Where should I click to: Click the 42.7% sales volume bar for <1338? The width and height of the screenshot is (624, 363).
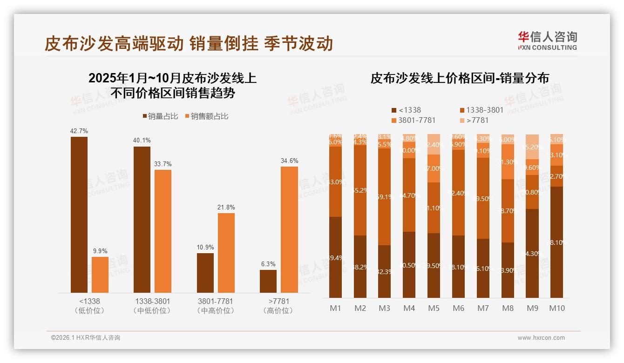tap(79, 215)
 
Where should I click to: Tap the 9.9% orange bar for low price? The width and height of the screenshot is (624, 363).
tap(100, 275)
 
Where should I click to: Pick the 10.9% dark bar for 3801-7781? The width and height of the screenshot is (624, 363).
tap(205, 273)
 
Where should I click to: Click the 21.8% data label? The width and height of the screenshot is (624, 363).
tap(226, 207)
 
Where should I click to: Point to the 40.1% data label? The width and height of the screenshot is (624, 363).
tap(142, 140)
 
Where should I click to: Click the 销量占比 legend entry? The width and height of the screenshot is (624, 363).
tap(160, 116)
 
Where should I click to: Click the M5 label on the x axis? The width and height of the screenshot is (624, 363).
tap(434, 308)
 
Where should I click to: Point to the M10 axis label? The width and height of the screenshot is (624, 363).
tap(556, 308)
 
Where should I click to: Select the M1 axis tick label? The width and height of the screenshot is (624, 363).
tap(335, 308)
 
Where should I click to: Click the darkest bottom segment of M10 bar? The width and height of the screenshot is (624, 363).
tap(556, 242)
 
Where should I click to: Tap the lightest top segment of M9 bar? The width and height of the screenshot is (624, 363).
tap(532, 146)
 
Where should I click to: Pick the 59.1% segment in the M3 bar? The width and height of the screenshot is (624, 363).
tap(384, 197)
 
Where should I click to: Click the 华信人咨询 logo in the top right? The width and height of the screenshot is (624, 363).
tap(548, 40)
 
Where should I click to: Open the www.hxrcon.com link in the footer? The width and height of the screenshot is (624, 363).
tap(541, 338)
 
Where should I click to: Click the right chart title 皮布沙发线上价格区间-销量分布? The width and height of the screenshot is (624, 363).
tap(459, 78)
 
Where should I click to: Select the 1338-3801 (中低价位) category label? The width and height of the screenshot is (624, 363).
tap(152, 306)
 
